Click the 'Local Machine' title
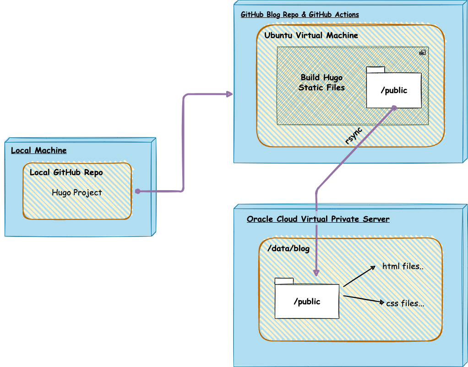click(x=38, y=150)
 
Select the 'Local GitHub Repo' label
click(x=66, y=173)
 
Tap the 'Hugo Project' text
click(x=76, y=192)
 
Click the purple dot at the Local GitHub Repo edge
click(x=137, y=191)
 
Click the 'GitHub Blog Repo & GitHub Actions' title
click(x=299, y=15)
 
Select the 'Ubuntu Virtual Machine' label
click(x=311, y=35)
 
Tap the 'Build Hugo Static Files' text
click(x=321, y=82)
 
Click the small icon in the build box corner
click(x=422, y=53)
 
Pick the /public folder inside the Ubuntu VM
click(x=393, y=90)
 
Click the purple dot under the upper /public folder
click(x=394, y=108)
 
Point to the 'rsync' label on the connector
click(x=354, y=136)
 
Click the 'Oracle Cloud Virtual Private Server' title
click(x=318, y=219)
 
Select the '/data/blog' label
click(x=288, y=249)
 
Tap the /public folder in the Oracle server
click(x=306, y=301)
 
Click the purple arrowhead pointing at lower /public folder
click(x=316, y=273)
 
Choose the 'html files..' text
click(x=403, y=266)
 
